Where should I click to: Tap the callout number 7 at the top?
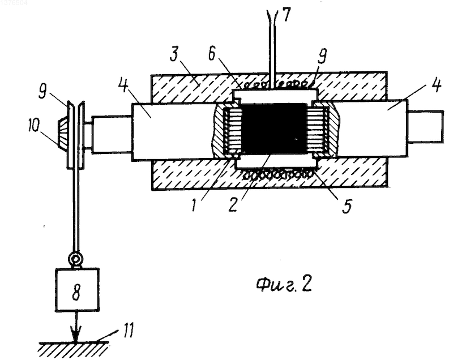point(286,15)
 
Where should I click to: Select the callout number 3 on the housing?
point(174,54)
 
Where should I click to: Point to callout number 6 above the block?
point(212,54)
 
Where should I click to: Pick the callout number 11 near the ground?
point(127,330)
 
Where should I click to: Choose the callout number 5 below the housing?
point(347,205)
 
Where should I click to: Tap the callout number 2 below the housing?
point(233,204)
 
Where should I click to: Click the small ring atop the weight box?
point(75,258)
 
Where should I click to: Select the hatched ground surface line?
point(74,343)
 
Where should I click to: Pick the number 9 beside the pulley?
point(44,92)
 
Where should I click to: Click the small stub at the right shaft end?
point(426,126)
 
